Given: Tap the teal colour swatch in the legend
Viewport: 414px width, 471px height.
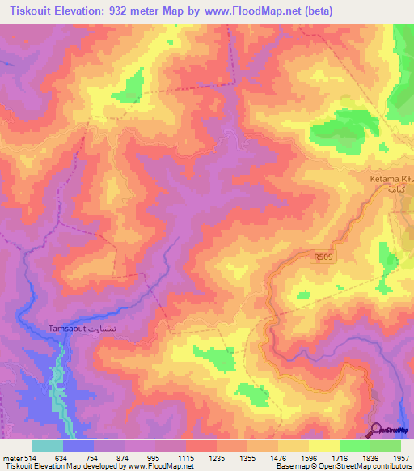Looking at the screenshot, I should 48,446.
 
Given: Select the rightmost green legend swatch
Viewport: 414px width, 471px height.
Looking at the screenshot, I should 385,446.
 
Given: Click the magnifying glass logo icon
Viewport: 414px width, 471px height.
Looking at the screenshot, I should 376,431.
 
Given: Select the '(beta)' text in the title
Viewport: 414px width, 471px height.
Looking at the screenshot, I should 313,11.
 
